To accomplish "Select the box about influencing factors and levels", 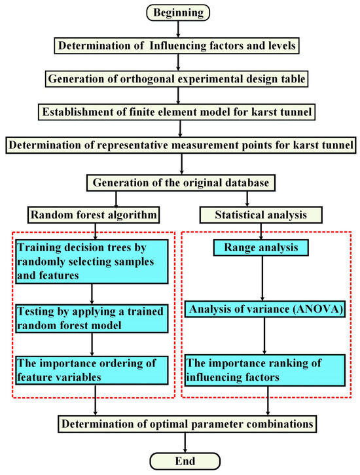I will [x=179, y=45].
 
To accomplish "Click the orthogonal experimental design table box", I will [x=179, y=78].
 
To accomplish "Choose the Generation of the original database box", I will [x=179, y=181].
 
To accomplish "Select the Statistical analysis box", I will [x=262, y=213].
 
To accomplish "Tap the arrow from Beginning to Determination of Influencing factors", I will [x=179, y=28].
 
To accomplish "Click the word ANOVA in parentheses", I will [x=308, y=309].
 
